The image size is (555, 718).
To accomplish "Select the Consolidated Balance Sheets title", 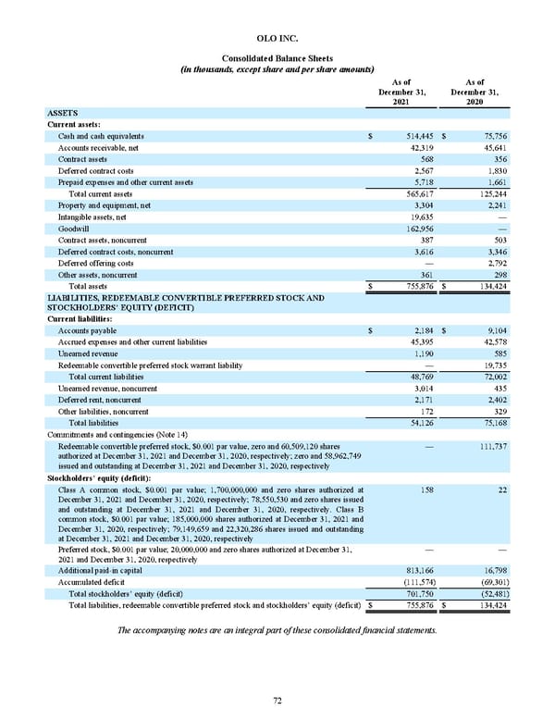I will coord(277,58).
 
